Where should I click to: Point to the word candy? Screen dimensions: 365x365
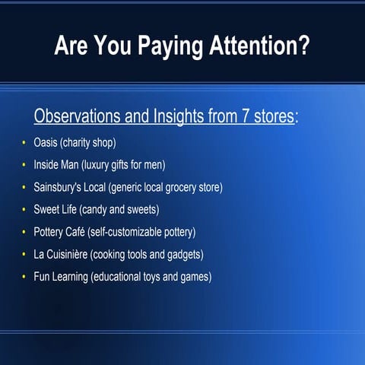[103, 209]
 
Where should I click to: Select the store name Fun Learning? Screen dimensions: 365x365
[60, 276]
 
